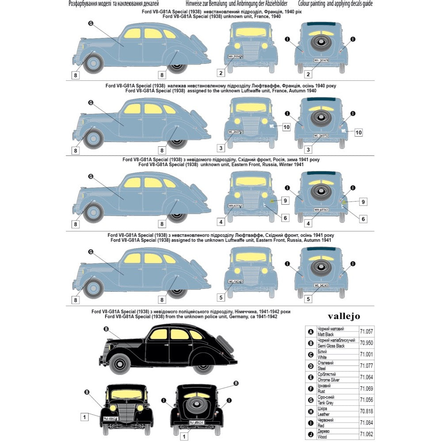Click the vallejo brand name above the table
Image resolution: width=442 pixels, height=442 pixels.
tap(343, 316)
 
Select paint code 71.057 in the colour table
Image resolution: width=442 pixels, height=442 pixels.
tap(367, 331)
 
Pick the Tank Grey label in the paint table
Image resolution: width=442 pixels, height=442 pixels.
tap(326, 403)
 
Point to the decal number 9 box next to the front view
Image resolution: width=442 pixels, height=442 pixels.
tap(285, 201)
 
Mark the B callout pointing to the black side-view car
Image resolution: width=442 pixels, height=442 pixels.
tap(106, 329)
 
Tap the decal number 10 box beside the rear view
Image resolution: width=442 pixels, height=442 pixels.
tap(358, 132)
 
